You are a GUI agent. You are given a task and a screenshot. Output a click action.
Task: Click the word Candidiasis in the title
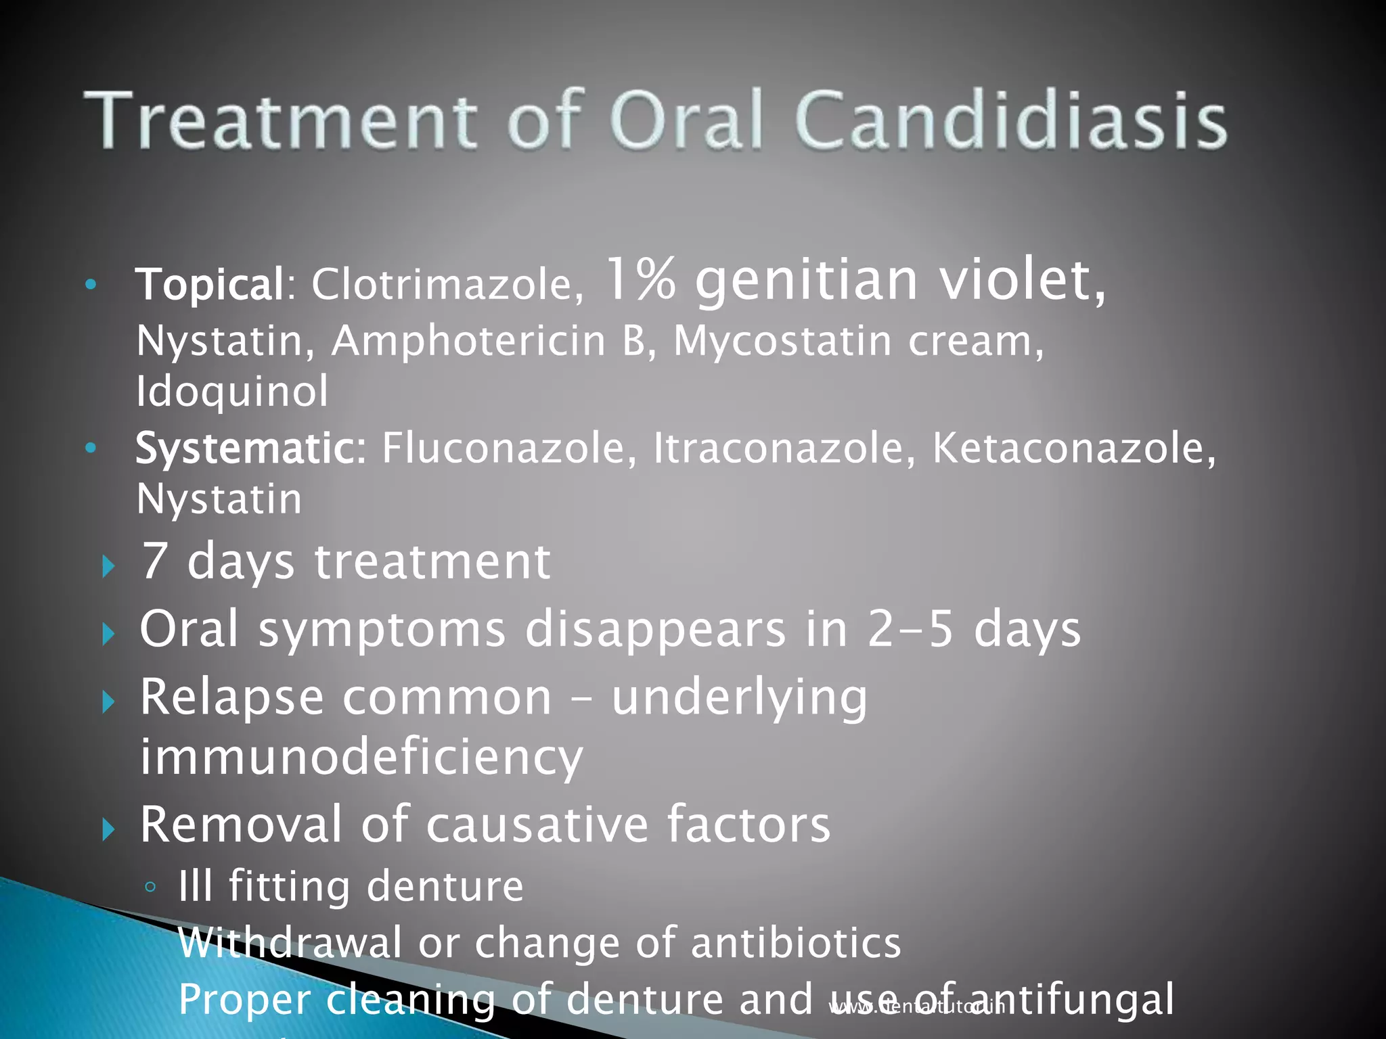(1011, 122)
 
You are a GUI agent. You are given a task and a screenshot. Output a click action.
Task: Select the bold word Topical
(210, 284)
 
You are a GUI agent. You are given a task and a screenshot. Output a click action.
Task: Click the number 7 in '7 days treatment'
(154, 561)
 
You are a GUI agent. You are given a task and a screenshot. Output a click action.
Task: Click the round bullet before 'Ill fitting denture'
(151, 887)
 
